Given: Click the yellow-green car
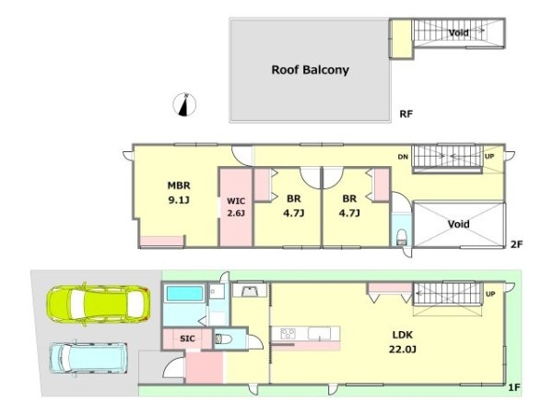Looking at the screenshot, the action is tap(99, 304).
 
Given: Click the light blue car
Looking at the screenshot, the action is tap(88, 358).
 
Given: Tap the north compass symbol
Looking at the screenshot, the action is tap(185, 105).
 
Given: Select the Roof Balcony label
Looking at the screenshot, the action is tap(310, 70).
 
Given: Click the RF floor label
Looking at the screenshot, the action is tap(406, 114).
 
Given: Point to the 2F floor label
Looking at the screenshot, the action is tap(516, 243).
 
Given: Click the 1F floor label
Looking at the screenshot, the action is tap(514, 387).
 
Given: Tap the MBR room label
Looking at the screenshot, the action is tap(179, 185).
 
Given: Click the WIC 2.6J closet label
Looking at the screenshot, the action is tap(236, 207).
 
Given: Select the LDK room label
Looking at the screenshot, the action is tap(403, 335).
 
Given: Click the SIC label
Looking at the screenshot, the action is tap(187, 338).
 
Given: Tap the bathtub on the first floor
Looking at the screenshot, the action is tap(184, 293).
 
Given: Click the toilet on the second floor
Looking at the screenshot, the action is tap(401, 237).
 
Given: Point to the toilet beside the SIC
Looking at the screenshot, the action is tap(223, 339).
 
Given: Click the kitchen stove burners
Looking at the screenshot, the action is tap(288, 333).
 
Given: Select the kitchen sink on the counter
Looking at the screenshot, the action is tap(320, 333).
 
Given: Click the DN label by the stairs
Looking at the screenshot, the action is tap(403, 157).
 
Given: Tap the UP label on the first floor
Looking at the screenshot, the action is tap(490, 294).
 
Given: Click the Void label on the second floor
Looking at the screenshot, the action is tap(458, 224).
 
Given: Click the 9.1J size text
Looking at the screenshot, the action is tap(179, 200).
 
